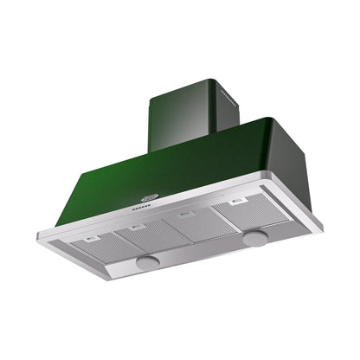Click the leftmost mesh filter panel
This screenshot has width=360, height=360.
point(100,246)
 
